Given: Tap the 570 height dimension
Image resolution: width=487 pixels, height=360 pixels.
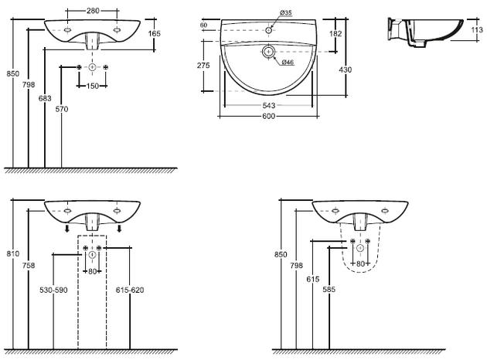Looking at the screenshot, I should coord(62,109).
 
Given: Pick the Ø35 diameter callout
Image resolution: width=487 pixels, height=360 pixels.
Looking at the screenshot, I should coord(285,13).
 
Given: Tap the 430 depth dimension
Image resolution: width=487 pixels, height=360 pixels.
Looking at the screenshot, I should coord(346,70).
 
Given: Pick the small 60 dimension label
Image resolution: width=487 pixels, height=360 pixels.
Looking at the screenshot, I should coord(204,25).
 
